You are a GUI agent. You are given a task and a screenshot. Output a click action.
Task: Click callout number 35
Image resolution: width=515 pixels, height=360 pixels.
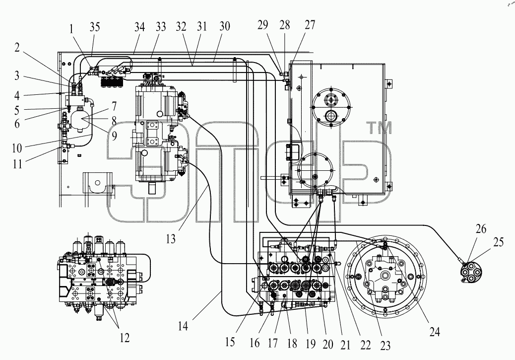click(x=95, y=27)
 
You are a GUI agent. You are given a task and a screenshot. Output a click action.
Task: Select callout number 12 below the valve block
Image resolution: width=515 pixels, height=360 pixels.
click(x=125, y=338)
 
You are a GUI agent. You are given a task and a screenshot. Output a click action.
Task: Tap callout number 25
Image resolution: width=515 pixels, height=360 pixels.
click(x=498, y=242)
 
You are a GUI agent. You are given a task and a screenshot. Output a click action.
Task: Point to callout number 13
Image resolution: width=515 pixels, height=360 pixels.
click(x=171, y=239)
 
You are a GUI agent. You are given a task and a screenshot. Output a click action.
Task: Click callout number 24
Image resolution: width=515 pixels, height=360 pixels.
click(x=435, y=332)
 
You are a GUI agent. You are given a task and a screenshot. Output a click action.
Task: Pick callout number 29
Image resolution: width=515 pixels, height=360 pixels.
click(x=263, y=25)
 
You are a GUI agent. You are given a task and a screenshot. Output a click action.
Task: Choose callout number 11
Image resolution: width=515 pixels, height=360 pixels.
click(x=17, y=163)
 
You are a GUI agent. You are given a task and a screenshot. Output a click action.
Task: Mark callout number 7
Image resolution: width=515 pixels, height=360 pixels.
click(x=114, y=106)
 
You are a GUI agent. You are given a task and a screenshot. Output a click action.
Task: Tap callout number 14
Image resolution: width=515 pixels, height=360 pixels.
click(x=183, y=326)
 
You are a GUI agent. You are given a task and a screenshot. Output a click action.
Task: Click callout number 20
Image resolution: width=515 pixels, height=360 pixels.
click(x=328, y=344)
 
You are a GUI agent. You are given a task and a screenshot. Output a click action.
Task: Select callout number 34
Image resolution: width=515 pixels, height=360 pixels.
click(x=139, y=27)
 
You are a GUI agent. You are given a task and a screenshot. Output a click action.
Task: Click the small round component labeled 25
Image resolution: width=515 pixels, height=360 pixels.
click(x=470, y=274)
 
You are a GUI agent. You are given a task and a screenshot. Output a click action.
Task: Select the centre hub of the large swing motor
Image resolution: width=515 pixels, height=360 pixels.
click(x=386, y=275)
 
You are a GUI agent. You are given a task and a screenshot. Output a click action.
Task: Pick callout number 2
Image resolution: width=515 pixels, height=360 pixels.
click(x=17, y=48)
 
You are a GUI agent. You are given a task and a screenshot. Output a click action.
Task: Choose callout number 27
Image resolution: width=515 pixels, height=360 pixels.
click(x=310, y=25)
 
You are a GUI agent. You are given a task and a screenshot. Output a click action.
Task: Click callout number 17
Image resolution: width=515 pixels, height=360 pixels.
click(x=272, y=343)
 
